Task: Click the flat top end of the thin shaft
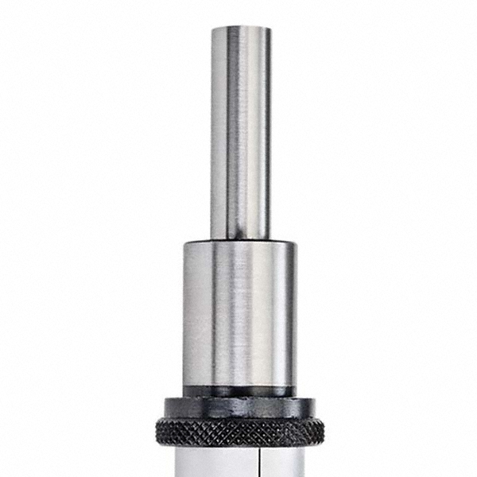(x=240, y=29)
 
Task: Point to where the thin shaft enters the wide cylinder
(x=240, y=238)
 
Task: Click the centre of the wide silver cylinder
(x=238, y=314)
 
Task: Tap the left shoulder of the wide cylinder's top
(x=185, y=245)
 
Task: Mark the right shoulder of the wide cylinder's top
(x=294, y=245)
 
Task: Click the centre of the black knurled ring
(x=238, y=431)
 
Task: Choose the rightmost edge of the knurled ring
(x=324, y=431)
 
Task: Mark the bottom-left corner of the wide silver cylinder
(x=184, y=386)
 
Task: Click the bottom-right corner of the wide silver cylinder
(x=295, y=386)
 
